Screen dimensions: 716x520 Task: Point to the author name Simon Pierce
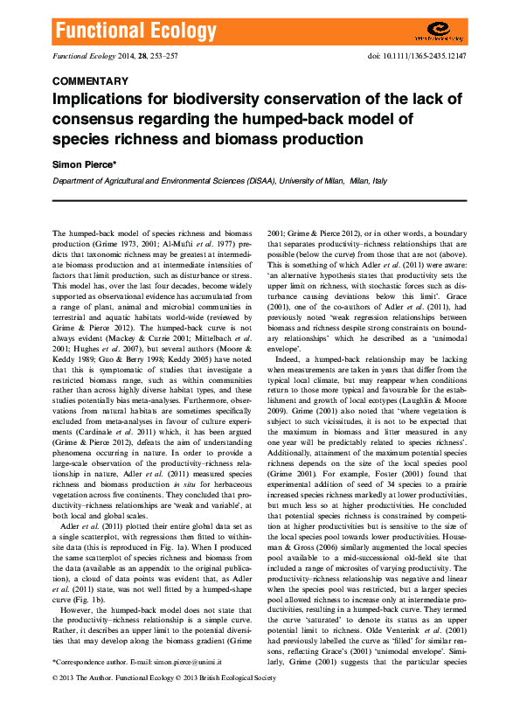(x=85, y=163)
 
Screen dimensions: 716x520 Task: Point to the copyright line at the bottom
(x=164, y=678)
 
